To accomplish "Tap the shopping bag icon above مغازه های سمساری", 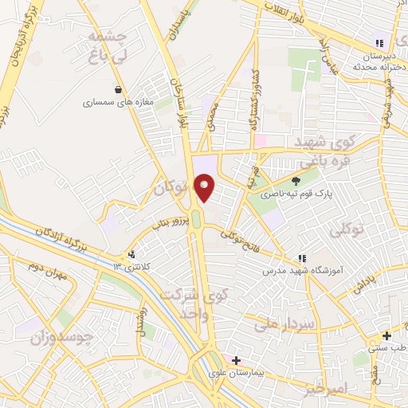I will coord(119,89).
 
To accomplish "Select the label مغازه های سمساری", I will coord(118,103).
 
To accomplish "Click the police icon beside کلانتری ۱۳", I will coord(130,254).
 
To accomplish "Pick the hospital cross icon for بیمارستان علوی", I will coord(236,360).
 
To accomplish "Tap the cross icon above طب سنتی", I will coord(386,335).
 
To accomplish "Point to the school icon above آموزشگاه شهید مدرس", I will coord(302,258).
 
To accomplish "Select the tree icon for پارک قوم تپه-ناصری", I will coord(296,180).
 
